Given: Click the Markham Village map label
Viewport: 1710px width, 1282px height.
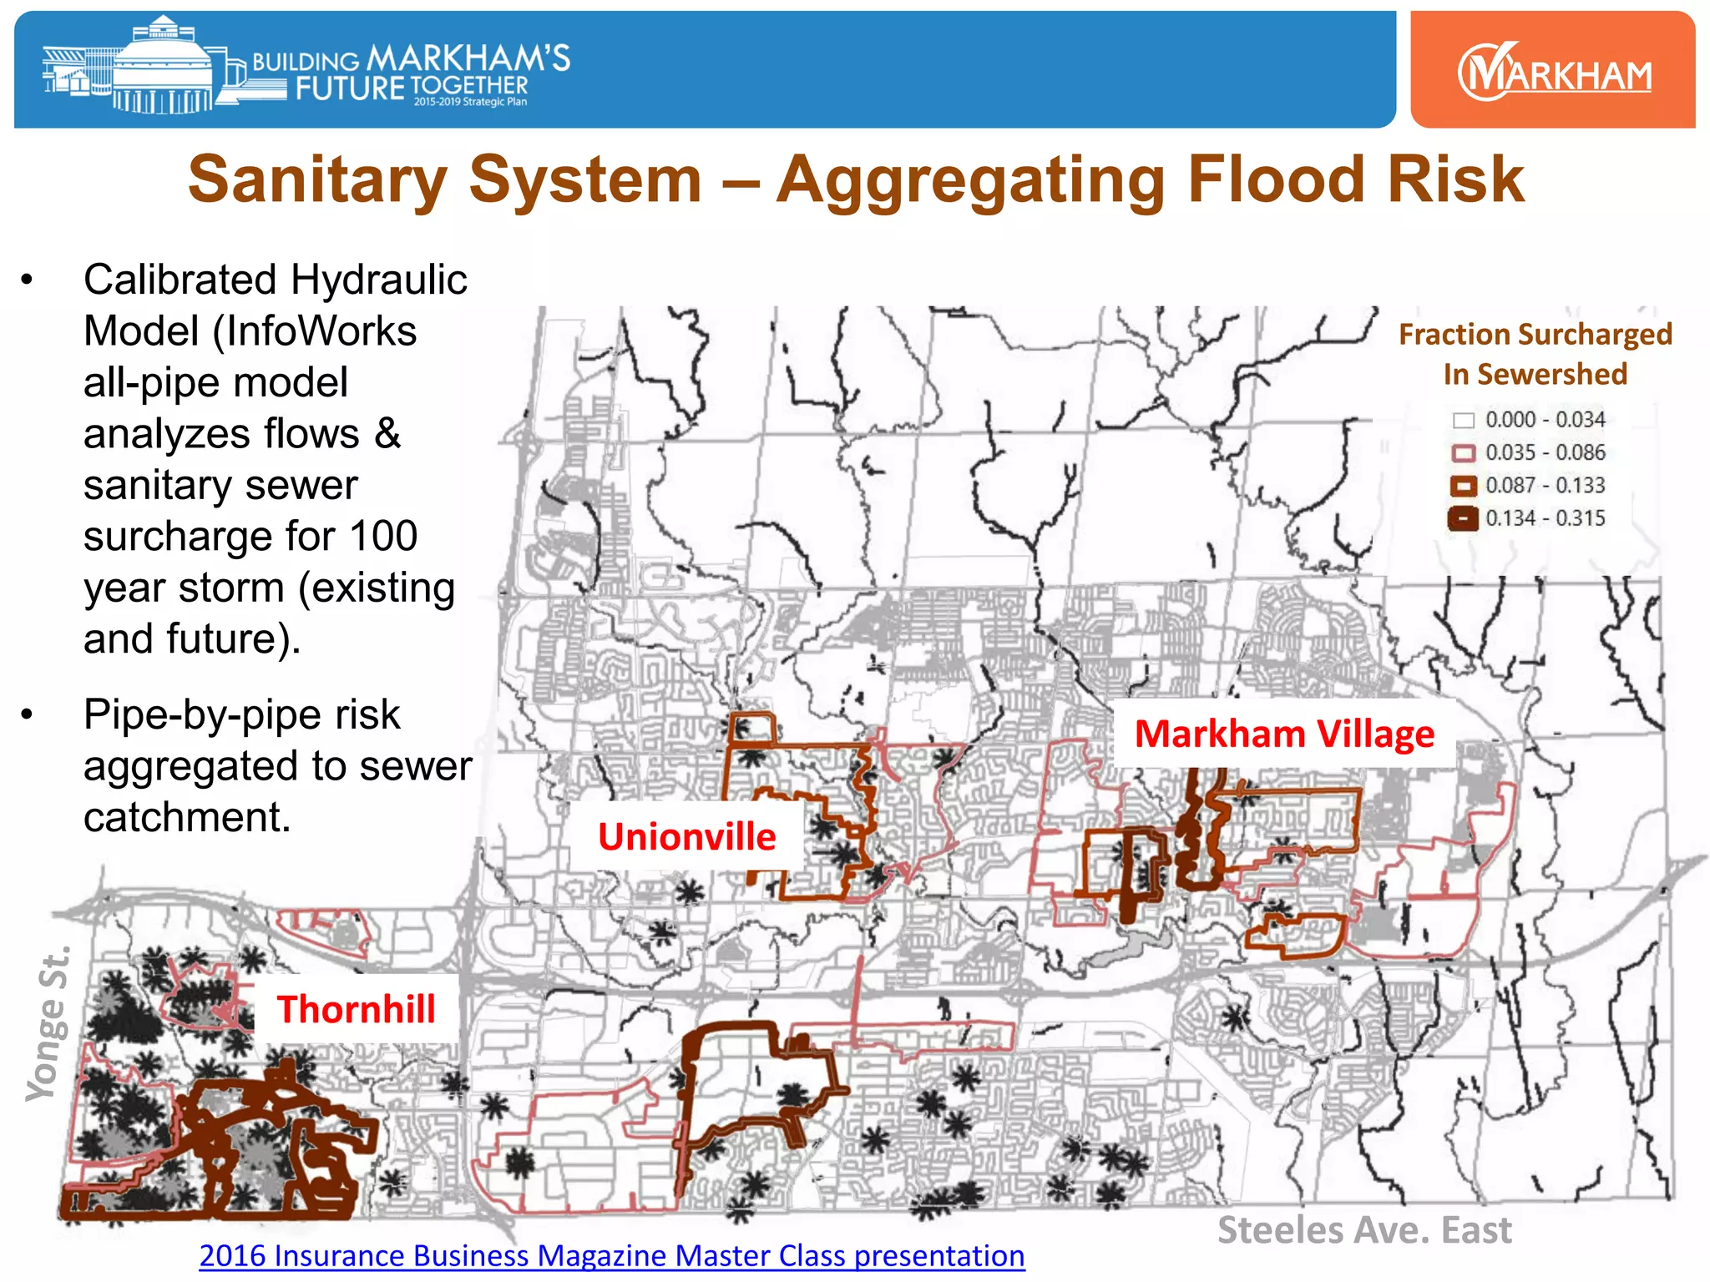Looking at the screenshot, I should pyautogui.click(x=1284, y=734).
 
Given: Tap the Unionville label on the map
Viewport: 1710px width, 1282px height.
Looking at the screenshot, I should pyautogui.click(x=686, y=837).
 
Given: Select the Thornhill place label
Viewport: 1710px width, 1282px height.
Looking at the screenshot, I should pyautogui.click(x=356, y=1010).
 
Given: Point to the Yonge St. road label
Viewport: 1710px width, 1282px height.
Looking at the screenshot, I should pyautogui.click(x=48, y=1025).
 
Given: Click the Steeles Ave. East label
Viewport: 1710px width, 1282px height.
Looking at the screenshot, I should pyautogui.click(x=1364, y=1230).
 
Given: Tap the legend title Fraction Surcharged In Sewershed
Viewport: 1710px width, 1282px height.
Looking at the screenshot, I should pyautogui.click(x=1535, y=354).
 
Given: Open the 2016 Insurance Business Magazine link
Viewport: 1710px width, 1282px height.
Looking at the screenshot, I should pyautogui.click(x=611, y=1256).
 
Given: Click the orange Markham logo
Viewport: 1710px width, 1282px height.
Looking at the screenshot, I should pyautogui.click(x=1553, y=72).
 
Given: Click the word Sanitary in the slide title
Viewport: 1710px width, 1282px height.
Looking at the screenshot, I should pyautogui.click(x=318, y=179).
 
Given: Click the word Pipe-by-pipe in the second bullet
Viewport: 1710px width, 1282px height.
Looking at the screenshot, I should pyautogui.click(x=242, y=715).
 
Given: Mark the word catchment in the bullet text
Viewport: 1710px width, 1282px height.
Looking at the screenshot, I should pyautogui.click(x=187, y=818).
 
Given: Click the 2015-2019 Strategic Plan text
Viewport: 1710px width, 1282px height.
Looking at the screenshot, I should pyautogui.click(x=470, y=102).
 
